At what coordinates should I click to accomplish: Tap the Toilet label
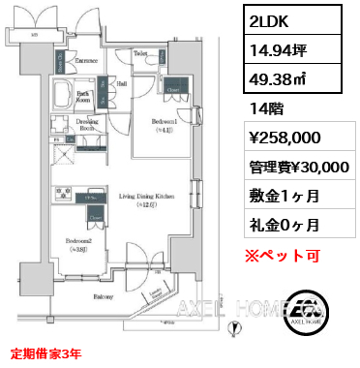tap(140, 53)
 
